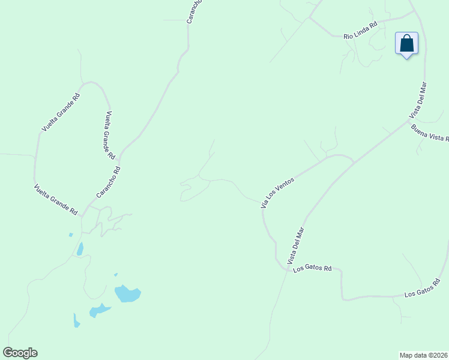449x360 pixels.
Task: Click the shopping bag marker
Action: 406,44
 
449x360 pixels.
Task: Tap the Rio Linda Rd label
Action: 360,31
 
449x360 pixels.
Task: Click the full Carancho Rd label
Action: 109,183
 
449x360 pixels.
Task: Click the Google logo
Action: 20,353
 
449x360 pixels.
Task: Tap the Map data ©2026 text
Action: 424,355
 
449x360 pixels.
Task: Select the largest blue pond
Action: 127,293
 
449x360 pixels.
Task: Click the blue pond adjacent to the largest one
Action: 99,310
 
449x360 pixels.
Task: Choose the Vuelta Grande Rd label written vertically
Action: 110,135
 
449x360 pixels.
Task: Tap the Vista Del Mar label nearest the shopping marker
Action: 418,100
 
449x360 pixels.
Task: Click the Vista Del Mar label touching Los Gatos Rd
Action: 296,245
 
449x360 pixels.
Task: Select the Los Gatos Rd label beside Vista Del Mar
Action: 312,269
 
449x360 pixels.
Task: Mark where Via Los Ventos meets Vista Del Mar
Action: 354,161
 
